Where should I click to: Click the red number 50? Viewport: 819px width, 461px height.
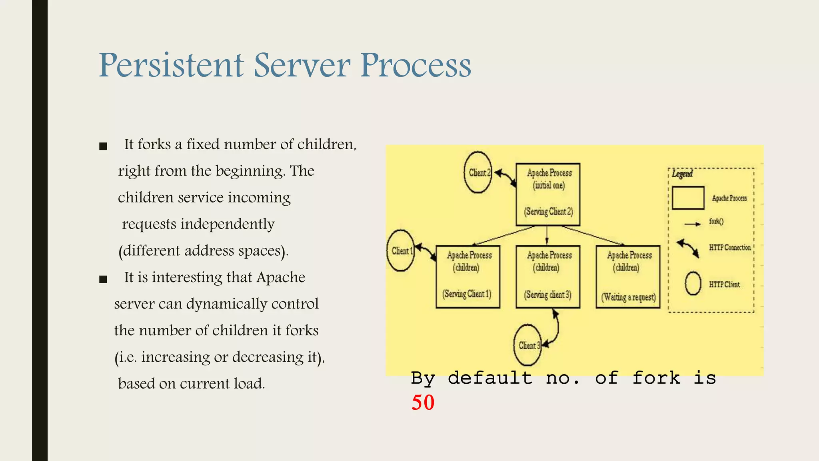(423, 402)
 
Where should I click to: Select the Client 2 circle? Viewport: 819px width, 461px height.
(478, 172)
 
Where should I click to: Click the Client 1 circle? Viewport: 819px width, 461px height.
(401, 251)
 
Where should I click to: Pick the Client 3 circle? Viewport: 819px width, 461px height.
(527, 345)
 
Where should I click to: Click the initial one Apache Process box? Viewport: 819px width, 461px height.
(548, 194)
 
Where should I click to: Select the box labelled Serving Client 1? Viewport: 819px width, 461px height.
(467, 277)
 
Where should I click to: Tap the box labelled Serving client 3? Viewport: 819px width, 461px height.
(547, 277)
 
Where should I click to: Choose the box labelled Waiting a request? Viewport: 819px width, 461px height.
(628, 277)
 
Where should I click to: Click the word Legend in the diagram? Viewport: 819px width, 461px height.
(682, 174)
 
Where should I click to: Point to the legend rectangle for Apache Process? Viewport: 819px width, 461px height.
(688, 198)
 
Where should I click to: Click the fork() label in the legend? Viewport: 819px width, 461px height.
(716, 221)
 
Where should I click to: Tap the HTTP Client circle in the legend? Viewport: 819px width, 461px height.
(693, 283)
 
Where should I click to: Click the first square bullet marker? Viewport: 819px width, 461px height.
(103, 146)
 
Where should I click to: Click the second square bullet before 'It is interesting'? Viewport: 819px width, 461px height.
(103, 279)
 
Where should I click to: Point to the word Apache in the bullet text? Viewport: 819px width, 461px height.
(281, 277)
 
